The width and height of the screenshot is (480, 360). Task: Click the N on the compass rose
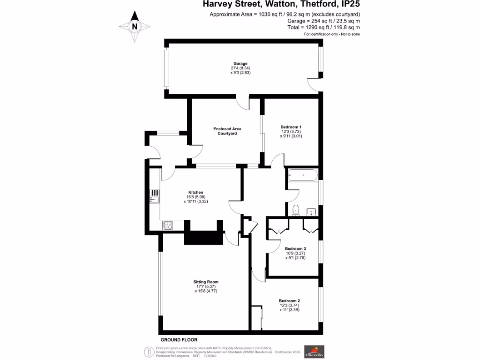point(135,27)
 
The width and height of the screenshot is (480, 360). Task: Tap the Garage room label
point(241,64)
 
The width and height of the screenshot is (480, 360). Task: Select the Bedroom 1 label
point(291,127)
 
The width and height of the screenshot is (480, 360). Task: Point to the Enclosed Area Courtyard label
point(227,131)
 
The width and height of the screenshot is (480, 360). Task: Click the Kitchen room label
point(195,193)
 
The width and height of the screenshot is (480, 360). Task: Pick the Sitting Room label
point(206,282)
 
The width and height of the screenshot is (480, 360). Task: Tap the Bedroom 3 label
point(295,248)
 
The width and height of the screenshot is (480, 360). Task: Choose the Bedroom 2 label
point(289,301)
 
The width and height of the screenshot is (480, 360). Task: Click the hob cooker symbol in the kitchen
point(167,225)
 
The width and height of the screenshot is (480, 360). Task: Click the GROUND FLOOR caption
point(179,340)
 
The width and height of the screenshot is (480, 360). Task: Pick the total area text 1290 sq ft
point(308,28)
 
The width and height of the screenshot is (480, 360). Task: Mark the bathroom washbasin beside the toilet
point(312,212)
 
